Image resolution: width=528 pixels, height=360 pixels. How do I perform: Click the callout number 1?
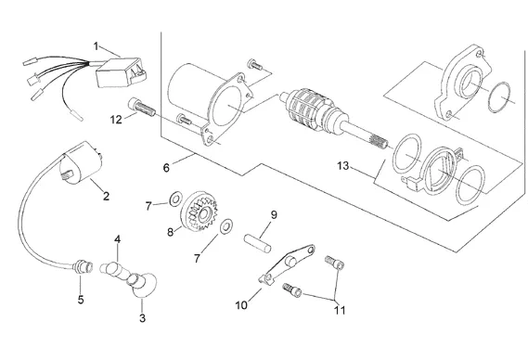click(96, 46)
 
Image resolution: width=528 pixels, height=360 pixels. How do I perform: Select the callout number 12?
click(116, 120)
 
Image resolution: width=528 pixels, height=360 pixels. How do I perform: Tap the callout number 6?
click(166, 168)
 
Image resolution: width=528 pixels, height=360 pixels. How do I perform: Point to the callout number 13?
click(343, 166)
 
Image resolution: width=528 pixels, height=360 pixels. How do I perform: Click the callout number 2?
click(107, 196)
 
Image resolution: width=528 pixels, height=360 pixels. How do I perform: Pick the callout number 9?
click(274, 214)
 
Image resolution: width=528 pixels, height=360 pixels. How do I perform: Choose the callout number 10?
click(241, 305)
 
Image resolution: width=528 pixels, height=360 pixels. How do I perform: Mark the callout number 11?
click(340, 310)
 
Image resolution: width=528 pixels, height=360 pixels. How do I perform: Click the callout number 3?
click(142, 318)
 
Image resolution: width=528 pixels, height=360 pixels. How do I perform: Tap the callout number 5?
click(81, 300)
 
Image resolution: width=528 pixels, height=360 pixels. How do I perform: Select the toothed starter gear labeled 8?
click(199, 211)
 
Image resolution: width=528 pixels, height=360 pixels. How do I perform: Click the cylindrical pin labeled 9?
click(258, 243)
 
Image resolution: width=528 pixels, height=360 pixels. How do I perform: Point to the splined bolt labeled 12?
click(142, 107)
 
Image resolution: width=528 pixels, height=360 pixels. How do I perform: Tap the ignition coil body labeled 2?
click(81, 163)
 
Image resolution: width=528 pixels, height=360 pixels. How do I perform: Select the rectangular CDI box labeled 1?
click(122, 72)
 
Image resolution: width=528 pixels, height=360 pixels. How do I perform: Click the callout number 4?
click(117, 239)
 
